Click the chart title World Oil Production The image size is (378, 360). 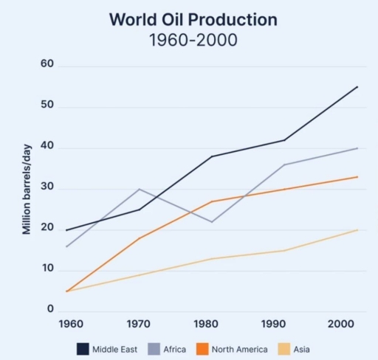click(x=193, y=19)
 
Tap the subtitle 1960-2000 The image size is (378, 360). click(x=193, y=40)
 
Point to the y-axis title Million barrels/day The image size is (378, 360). click(x=27, y=189)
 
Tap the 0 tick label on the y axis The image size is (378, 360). click(x=52, y=308)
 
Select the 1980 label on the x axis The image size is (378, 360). click(x=212, y=323)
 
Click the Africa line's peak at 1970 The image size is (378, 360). click(x=139, y=189)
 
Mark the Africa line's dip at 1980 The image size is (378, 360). click(x=212, y=222)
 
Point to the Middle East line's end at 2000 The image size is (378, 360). click(x=357, y=87)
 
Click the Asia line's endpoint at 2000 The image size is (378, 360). click(x=357, y=229)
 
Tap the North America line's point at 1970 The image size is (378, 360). click(x=139, y=238)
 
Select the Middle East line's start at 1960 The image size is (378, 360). click(x=67, y=229)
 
